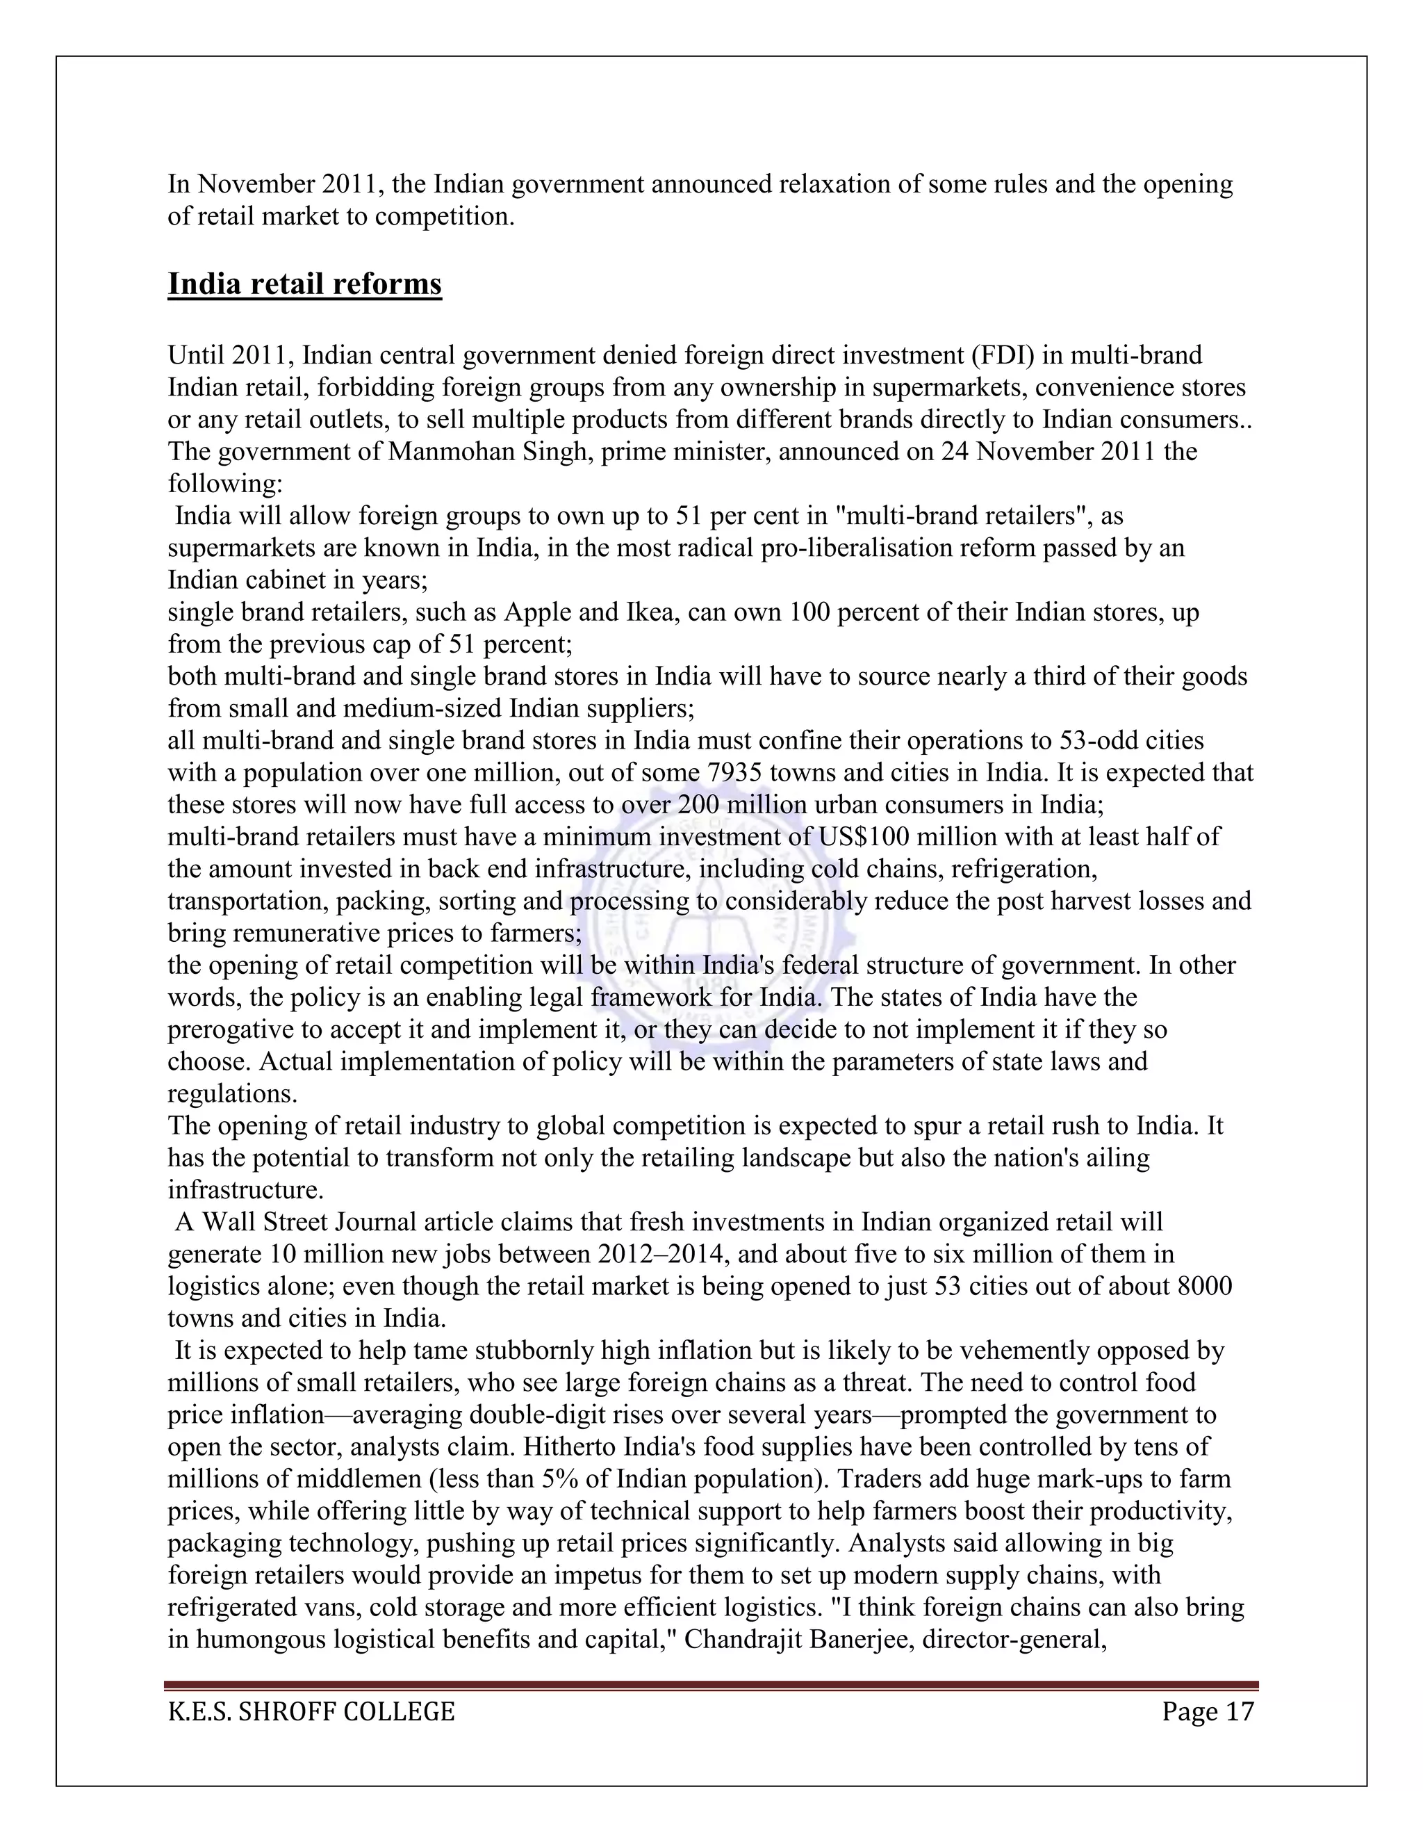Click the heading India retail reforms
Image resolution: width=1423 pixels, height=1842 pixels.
click(x=304, y=284)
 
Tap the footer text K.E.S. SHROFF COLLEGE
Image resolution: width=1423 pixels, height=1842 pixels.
click(x=311, y=1711)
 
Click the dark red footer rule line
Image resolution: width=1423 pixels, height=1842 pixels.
click(x=711, y=1685)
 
